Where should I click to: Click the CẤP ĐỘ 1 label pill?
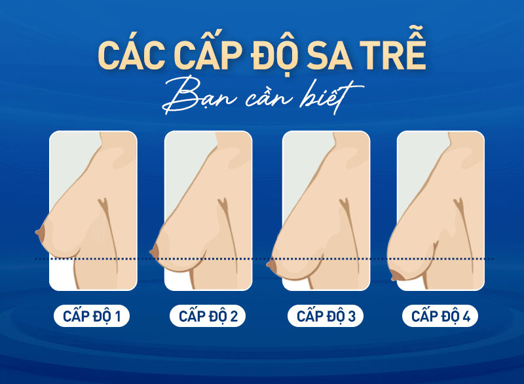pos(92,317)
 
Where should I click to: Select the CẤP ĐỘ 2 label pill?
pos(208,317)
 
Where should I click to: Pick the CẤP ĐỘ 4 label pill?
pos(440,317)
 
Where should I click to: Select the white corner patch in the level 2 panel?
pos(175,278)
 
